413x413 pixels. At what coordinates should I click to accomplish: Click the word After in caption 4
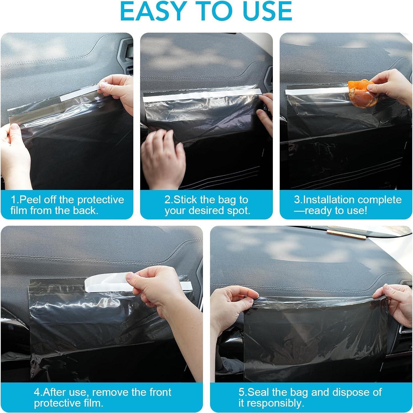tap(54, 392)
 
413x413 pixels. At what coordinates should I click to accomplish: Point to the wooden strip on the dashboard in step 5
tap(347, 233)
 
